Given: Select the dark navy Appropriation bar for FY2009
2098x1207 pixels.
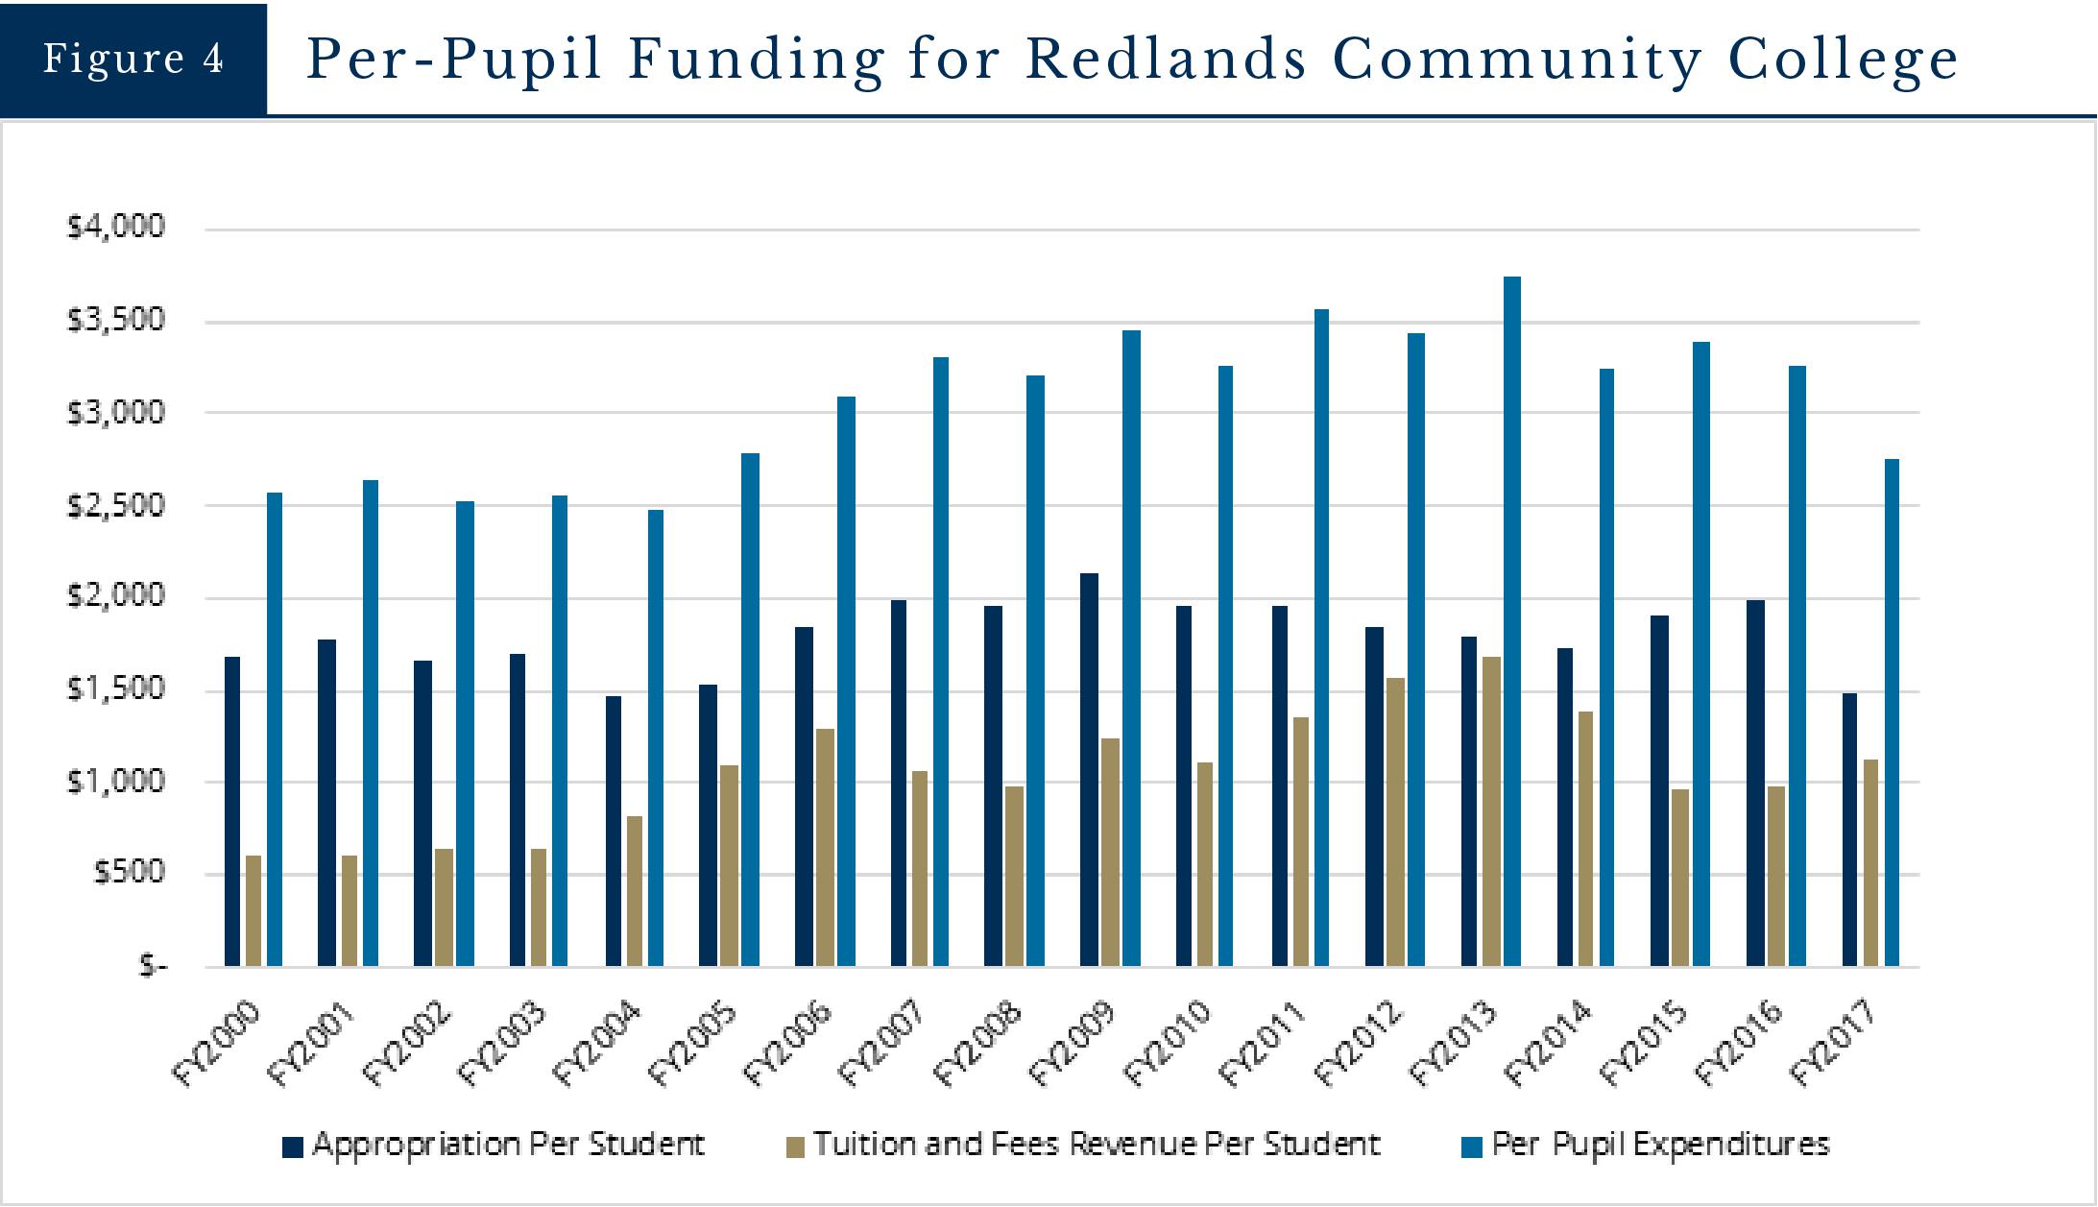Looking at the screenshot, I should pos(1089,769).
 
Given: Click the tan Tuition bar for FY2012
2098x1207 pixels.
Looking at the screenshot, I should pos(1395,822).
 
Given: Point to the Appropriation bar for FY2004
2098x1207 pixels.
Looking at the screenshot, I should pos(614,831).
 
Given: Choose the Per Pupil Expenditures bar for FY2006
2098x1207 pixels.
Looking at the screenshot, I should pos(846,681).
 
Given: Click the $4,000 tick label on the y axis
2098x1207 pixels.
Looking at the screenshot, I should pos(115,227).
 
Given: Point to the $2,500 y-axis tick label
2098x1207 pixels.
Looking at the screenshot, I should pos(115,505).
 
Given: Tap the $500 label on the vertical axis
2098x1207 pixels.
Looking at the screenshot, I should pos(128,873).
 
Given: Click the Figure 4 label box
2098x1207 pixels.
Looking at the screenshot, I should pos(133,60).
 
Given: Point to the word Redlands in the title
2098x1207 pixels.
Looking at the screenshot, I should pos(1166,60).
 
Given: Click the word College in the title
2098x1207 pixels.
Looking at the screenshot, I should pos(1843,60).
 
